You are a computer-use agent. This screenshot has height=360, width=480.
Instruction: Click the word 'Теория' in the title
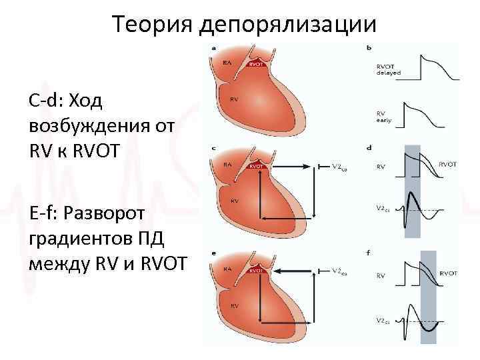coord(151,25)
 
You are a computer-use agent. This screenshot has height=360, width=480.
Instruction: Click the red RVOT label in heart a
coord(255,65)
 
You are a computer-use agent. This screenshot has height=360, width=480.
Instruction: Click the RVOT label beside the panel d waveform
coord(448,163)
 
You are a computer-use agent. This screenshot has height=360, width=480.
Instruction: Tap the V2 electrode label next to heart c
coord(340,165)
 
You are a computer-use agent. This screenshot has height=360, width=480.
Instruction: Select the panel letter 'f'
coord(369,253)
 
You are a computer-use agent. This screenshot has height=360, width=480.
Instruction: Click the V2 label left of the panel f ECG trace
coord(383,321)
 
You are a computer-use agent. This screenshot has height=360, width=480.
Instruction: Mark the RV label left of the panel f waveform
coord(381,275)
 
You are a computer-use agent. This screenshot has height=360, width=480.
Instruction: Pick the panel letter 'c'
coord(213,147)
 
